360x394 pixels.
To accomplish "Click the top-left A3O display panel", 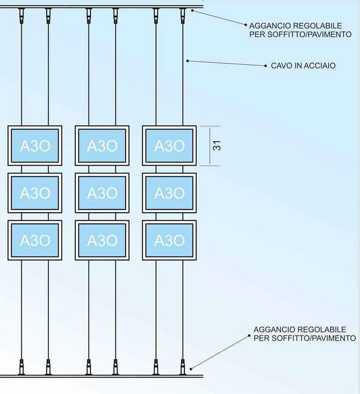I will click(35, 146).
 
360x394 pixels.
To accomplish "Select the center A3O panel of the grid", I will click(102, 193).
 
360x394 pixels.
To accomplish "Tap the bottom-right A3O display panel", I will click(169, 240).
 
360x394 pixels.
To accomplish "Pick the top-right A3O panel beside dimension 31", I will click(169, 146).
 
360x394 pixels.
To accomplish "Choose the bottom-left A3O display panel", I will click(35, 240).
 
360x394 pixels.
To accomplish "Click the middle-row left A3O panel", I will click(35, 193).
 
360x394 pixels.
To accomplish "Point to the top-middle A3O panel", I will click(102, 146).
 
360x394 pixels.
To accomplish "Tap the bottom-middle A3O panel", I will click(102, 240).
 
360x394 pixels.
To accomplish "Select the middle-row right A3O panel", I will click(169, 193).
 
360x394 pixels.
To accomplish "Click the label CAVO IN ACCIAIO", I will click(303, 66).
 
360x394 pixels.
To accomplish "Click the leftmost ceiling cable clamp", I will click(22, 14).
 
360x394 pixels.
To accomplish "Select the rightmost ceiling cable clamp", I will click(182, 14).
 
